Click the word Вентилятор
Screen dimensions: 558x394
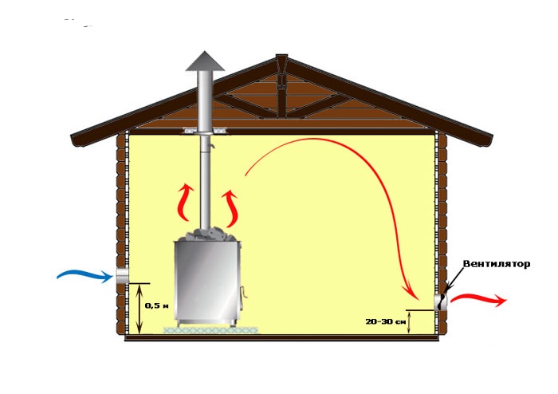click(x=497, y=264)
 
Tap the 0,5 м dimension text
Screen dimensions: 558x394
click(x=156, y=305)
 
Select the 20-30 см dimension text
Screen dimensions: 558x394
click(x=385, y=321)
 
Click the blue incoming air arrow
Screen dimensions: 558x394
click(x=85, y=276)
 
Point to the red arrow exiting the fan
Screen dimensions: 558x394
click(x=478, y=299)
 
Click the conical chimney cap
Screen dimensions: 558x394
click(x=205, y=61)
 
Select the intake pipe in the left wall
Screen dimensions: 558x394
click(x=122, y=276)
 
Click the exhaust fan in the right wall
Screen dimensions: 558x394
click(x=442, y=302)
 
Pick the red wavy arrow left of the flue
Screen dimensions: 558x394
click(x=186, y=202)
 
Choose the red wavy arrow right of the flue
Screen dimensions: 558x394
click(x=230, y=208)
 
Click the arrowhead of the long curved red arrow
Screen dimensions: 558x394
click(x=412, y=291)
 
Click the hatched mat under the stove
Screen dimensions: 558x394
click(x=211, y=330)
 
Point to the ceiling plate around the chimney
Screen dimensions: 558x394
click(x=205, y=132)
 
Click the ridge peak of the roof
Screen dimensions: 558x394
click(x=281, y=56)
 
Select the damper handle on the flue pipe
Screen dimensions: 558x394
click(x=211, y=146)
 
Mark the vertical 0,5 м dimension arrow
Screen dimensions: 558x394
click(x=139, y=309)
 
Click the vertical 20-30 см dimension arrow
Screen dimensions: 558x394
click(x=410, y=322)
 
